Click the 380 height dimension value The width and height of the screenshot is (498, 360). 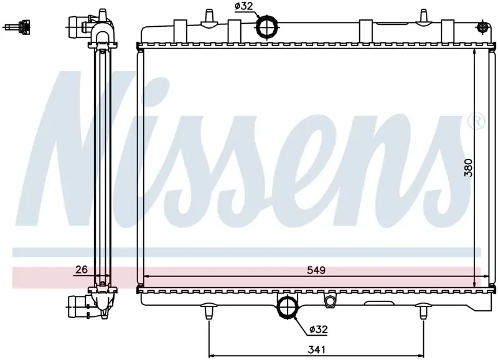[469, 168]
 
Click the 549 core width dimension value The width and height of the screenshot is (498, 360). [316, 270]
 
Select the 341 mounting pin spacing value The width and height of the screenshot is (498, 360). [317, 349]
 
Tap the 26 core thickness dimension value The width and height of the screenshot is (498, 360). [82, 270]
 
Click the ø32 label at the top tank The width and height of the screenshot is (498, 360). [243, 6]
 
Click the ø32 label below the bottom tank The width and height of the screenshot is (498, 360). [318, 329]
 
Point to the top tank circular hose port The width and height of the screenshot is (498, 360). [267, 26]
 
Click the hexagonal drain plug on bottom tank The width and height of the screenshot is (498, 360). [329, 301]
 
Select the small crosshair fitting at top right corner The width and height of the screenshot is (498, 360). [483, 27]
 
